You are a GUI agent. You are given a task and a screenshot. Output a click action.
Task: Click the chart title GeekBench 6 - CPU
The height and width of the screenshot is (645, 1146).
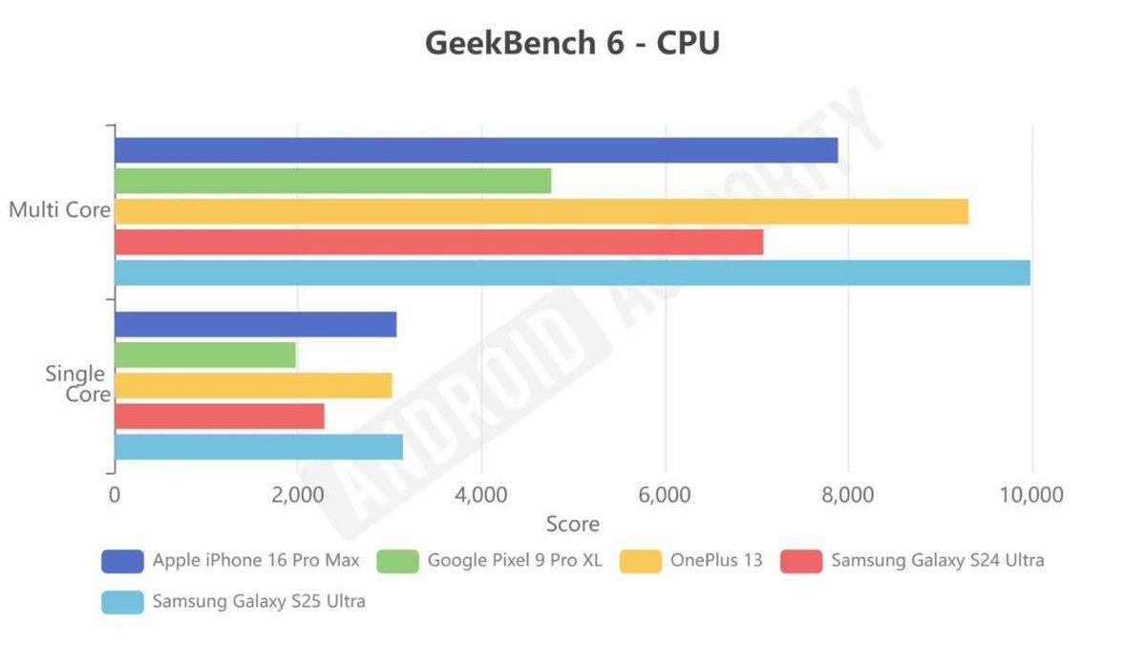coord(572,44)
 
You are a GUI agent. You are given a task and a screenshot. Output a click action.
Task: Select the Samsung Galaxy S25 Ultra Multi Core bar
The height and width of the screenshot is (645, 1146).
coord(572,272)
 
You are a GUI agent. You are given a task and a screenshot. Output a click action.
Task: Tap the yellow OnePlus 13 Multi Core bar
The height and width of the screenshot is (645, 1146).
coord(541,211)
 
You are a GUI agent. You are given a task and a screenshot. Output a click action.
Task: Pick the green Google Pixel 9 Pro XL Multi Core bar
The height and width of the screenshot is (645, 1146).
coord(332,181)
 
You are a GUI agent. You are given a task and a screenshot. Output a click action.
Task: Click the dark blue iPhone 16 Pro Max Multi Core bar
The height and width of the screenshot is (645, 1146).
coord(476,150)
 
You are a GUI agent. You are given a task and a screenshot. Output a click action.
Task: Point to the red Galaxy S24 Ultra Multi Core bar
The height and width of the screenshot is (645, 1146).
coord(438,242)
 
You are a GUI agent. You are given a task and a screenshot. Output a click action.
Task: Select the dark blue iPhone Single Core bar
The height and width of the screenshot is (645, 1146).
coord(255,324)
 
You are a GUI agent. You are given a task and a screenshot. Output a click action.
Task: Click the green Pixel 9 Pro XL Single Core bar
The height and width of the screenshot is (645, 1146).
coord(204,355)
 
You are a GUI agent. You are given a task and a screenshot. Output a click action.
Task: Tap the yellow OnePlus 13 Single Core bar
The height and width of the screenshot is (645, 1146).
coord(253,385)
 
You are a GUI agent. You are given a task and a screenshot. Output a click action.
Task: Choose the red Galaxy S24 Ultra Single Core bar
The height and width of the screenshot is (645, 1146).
coord(219,416)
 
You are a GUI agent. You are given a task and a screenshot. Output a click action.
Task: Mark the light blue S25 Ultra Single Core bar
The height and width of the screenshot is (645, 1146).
coord(258,446)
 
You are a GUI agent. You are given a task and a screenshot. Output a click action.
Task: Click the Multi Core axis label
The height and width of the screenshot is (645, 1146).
coord(59,210)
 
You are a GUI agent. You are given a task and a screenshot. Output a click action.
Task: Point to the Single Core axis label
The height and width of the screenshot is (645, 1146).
coord(76,384)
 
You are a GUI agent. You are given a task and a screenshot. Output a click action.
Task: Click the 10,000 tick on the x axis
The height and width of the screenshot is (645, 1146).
coord(1030,495)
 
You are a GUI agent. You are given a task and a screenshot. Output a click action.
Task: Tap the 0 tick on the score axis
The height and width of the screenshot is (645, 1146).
coord(115,495)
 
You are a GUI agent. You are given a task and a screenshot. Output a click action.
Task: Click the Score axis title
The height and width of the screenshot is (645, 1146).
coord(572,524)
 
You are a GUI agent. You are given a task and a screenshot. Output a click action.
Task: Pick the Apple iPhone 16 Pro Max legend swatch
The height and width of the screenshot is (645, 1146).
coord(122,561)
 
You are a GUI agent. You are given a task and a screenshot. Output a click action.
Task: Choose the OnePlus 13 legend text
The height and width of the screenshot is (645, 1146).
coord(717,561)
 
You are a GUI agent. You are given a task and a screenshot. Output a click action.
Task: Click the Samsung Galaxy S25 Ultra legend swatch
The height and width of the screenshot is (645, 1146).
coord(122,602)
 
